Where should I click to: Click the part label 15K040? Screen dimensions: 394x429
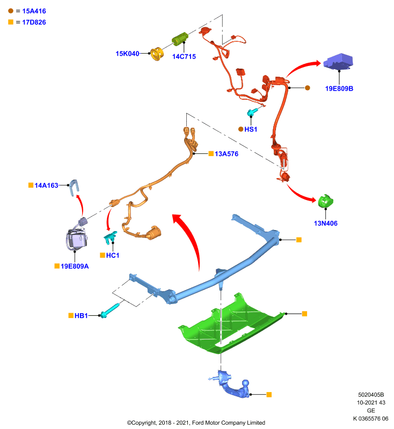(127, 54)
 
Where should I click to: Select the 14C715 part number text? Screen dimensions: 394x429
(184, 57)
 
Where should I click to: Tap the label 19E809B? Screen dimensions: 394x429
(339, 88)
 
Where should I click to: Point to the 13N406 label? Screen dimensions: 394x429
(325, 223)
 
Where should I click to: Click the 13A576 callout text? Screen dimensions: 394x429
(227, 154)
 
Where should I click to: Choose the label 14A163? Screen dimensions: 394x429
(46, 186)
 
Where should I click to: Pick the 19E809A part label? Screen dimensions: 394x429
(75, 266)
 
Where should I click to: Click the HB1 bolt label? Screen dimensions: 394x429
(81, 316)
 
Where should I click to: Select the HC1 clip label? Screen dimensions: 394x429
(113, 256)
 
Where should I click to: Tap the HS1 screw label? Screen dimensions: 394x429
(251, 129)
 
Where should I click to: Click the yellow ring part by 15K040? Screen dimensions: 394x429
(157, 54)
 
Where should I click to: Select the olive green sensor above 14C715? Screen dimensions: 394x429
(180, 39)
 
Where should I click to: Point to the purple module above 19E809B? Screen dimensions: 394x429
(338, 61)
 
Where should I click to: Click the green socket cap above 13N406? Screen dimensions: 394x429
(325, 202)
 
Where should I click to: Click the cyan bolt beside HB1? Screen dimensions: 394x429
(110, 311)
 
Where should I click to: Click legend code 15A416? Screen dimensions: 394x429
(34, 11)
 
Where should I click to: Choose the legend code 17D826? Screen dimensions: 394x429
(34, 23)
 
